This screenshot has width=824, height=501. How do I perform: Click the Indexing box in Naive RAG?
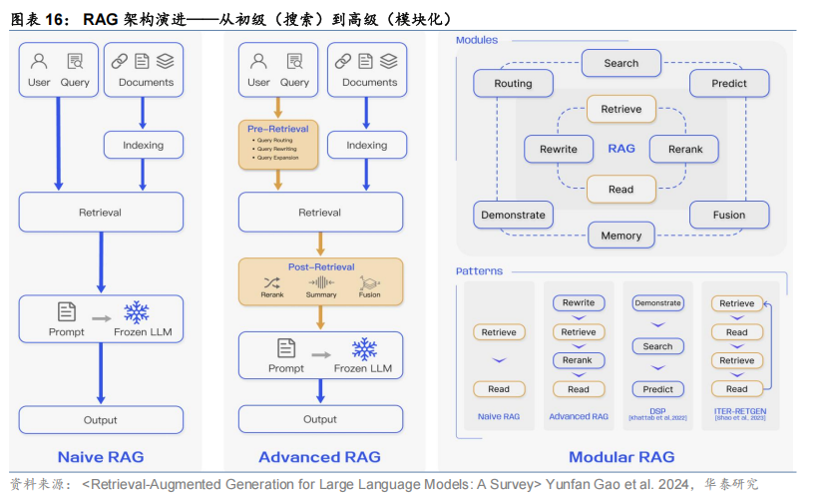click(143, 145)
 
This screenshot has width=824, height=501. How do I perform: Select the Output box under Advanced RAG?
click(320, 419)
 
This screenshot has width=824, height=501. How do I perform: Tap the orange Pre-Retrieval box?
click(278, 143)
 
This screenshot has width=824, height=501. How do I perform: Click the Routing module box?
click(513, 84)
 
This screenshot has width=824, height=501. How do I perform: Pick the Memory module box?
click(621, 236)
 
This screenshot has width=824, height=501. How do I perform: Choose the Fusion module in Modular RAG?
click(728, 215)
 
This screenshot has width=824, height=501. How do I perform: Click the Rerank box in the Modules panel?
click(683, 150)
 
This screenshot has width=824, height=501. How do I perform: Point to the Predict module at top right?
click(728, 84)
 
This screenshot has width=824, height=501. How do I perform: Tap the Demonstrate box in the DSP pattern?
click(657, 302)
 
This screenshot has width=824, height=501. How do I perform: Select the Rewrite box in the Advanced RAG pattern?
click(578, 302)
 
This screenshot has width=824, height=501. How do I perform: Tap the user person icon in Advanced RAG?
click(258, 61)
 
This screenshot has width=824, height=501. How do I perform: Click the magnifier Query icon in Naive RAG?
click(75, 61)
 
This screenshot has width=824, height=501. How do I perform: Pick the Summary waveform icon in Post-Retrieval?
click(321, 282)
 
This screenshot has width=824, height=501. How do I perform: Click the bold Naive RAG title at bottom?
click(101, 457)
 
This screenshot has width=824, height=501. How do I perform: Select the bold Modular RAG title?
click(621, 457)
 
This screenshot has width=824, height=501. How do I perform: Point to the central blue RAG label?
click(621, 149)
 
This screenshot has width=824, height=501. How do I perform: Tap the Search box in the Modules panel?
click(620, 63)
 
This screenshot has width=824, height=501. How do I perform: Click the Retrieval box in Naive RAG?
click(101, 213)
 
